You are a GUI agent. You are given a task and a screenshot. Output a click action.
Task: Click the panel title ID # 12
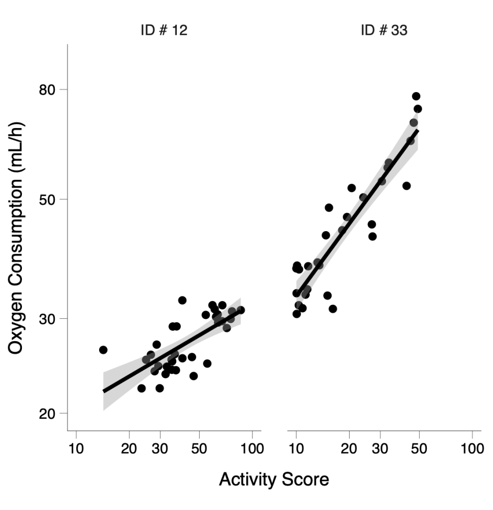coord(164,31)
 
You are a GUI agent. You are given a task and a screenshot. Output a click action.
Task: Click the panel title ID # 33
coord(384,31)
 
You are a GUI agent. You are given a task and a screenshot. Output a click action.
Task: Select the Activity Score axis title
coord(274,480)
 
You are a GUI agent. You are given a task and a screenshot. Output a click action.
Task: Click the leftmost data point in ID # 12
coord(103,350)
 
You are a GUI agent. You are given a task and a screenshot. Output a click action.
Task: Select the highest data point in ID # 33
coord(416,96)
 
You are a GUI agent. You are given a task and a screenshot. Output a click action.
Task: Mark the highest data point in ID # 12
coord(182,300)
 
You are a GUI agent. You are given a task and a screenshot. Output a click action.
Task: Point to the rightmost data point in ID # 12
coord(241,310)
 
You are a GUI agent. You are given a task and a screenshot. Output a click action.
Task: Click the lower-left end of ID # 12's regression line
coord(104,391)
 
